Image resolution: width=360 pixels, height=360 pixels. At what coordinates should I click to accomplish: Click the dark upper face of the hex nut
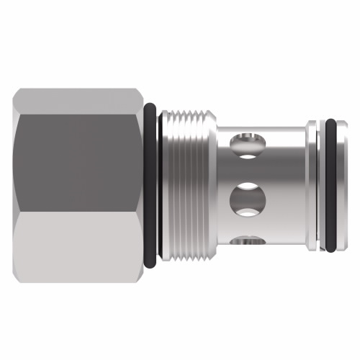[79, 155]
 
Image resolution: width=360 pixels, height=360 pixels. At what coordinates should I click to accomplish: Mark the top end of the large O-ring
[150, 106]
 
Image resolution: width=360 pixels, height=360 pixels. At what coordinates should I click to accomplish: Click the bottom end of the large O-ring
[150, 266]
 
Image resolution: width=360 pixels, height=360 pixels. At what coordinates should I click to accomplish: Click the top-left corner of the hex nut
[16, 91]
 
